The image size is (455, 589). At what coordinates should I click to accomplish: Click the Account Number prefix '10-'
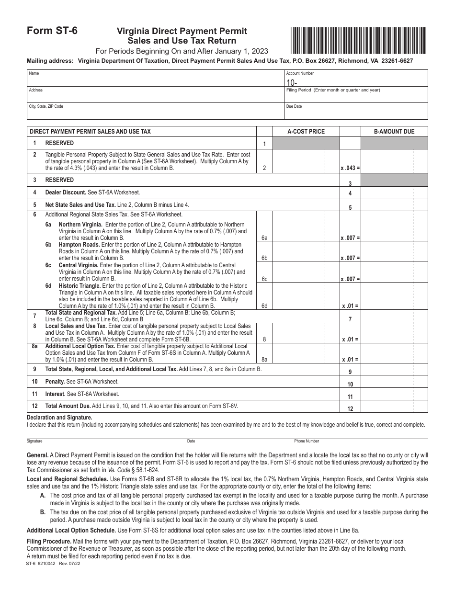click(x=291, y=82)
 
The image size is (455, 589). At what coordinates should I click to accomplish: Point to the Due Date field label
click(x=294, y=106)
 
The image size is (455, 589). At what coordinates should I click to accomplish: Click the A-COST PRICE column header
click(x=306, y=132)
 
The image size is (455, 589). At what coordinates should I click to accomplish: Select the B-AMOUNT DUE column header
click(x=394, y=132)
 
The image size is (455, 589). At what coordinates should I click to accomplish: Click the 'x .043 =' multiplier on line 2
click(x=350, y=169)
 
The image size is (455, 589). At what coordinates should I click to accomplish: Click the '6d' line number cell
click(x=264, y=306)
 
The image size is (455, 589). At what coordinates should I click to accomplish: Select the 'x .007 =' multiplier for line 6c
click(x=350, y=279)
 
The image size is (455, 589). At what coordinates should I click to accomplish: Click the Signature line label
click(x=34, y=441)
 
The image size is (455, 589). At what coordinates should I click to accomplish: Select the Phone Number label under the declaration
click(x=307, y=441)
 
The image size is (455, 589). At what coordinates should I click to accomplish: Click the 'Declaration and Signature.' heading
click(x=59, y=418)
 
